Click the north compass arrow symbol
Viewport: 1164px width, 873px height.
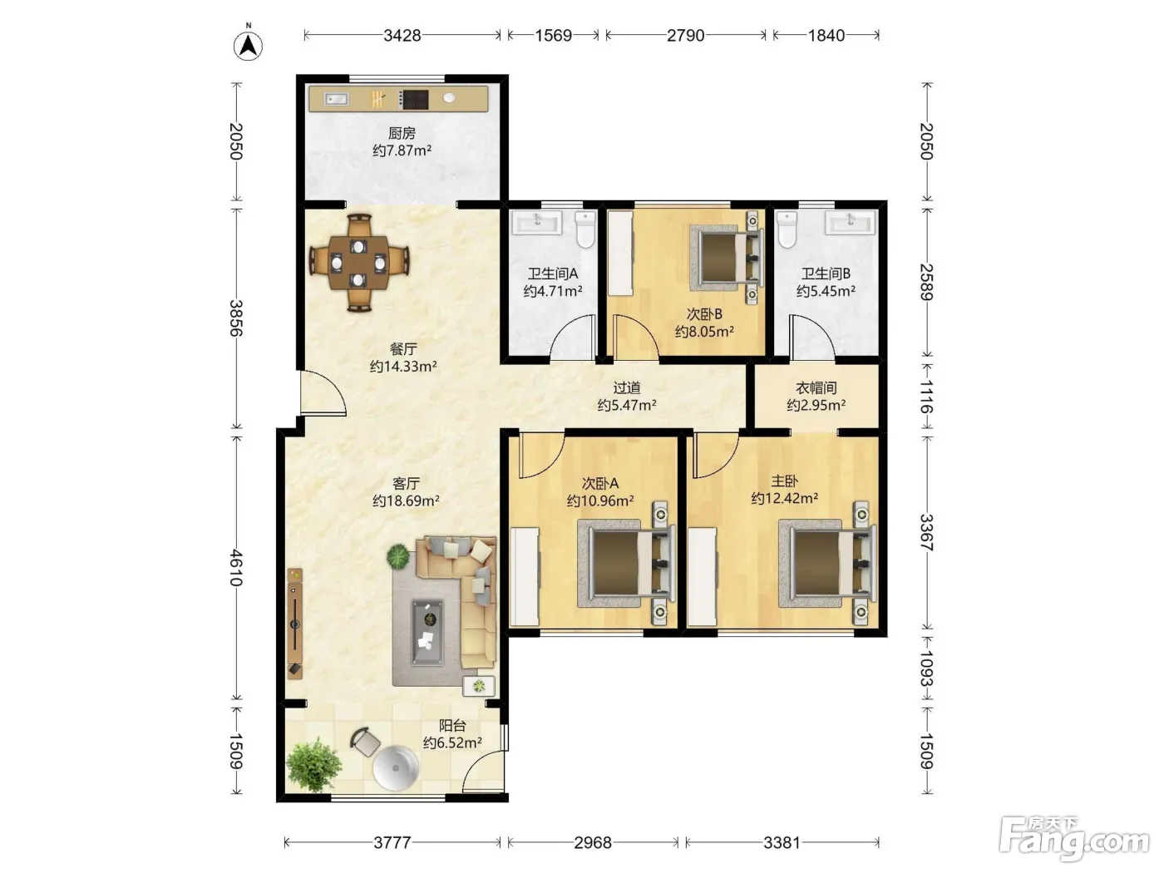(x=248, y=45)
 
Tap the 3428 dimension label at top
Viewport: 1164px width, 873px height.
(x=402, y=36)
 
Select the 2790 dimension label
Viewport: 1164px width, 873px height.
(x=685, y=36)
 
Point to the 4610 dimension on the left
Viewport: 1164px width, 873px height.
(x=236, y=568)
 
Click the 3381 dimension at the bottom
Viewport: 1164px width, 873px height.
(x=782, y=842)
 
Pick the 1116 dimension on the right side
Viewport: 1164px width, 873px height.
(x=926, y=397)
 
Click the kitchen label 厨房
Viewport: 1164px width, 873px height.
(x=402, y=133)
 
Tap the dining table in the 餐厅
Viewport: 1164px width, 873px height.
(x=358, y=263)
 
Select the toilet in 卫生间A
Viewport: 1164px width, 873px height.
(x=585, y=229)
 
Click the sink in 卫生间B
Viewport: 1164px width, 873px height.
(x=850, y=222)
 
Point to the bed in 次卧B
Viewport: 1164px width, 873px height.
(x=727, y=258)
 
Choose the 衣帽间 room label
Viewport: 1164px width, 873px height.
(x=816, y=388)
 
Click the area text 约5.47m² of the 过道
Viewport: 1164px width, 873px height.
(x=627, y=406)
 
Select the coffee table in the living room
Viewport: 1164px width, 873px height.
(x=427, y=632)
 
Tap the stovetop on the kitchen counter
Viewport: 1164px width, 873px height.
(x=413, y=99)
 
